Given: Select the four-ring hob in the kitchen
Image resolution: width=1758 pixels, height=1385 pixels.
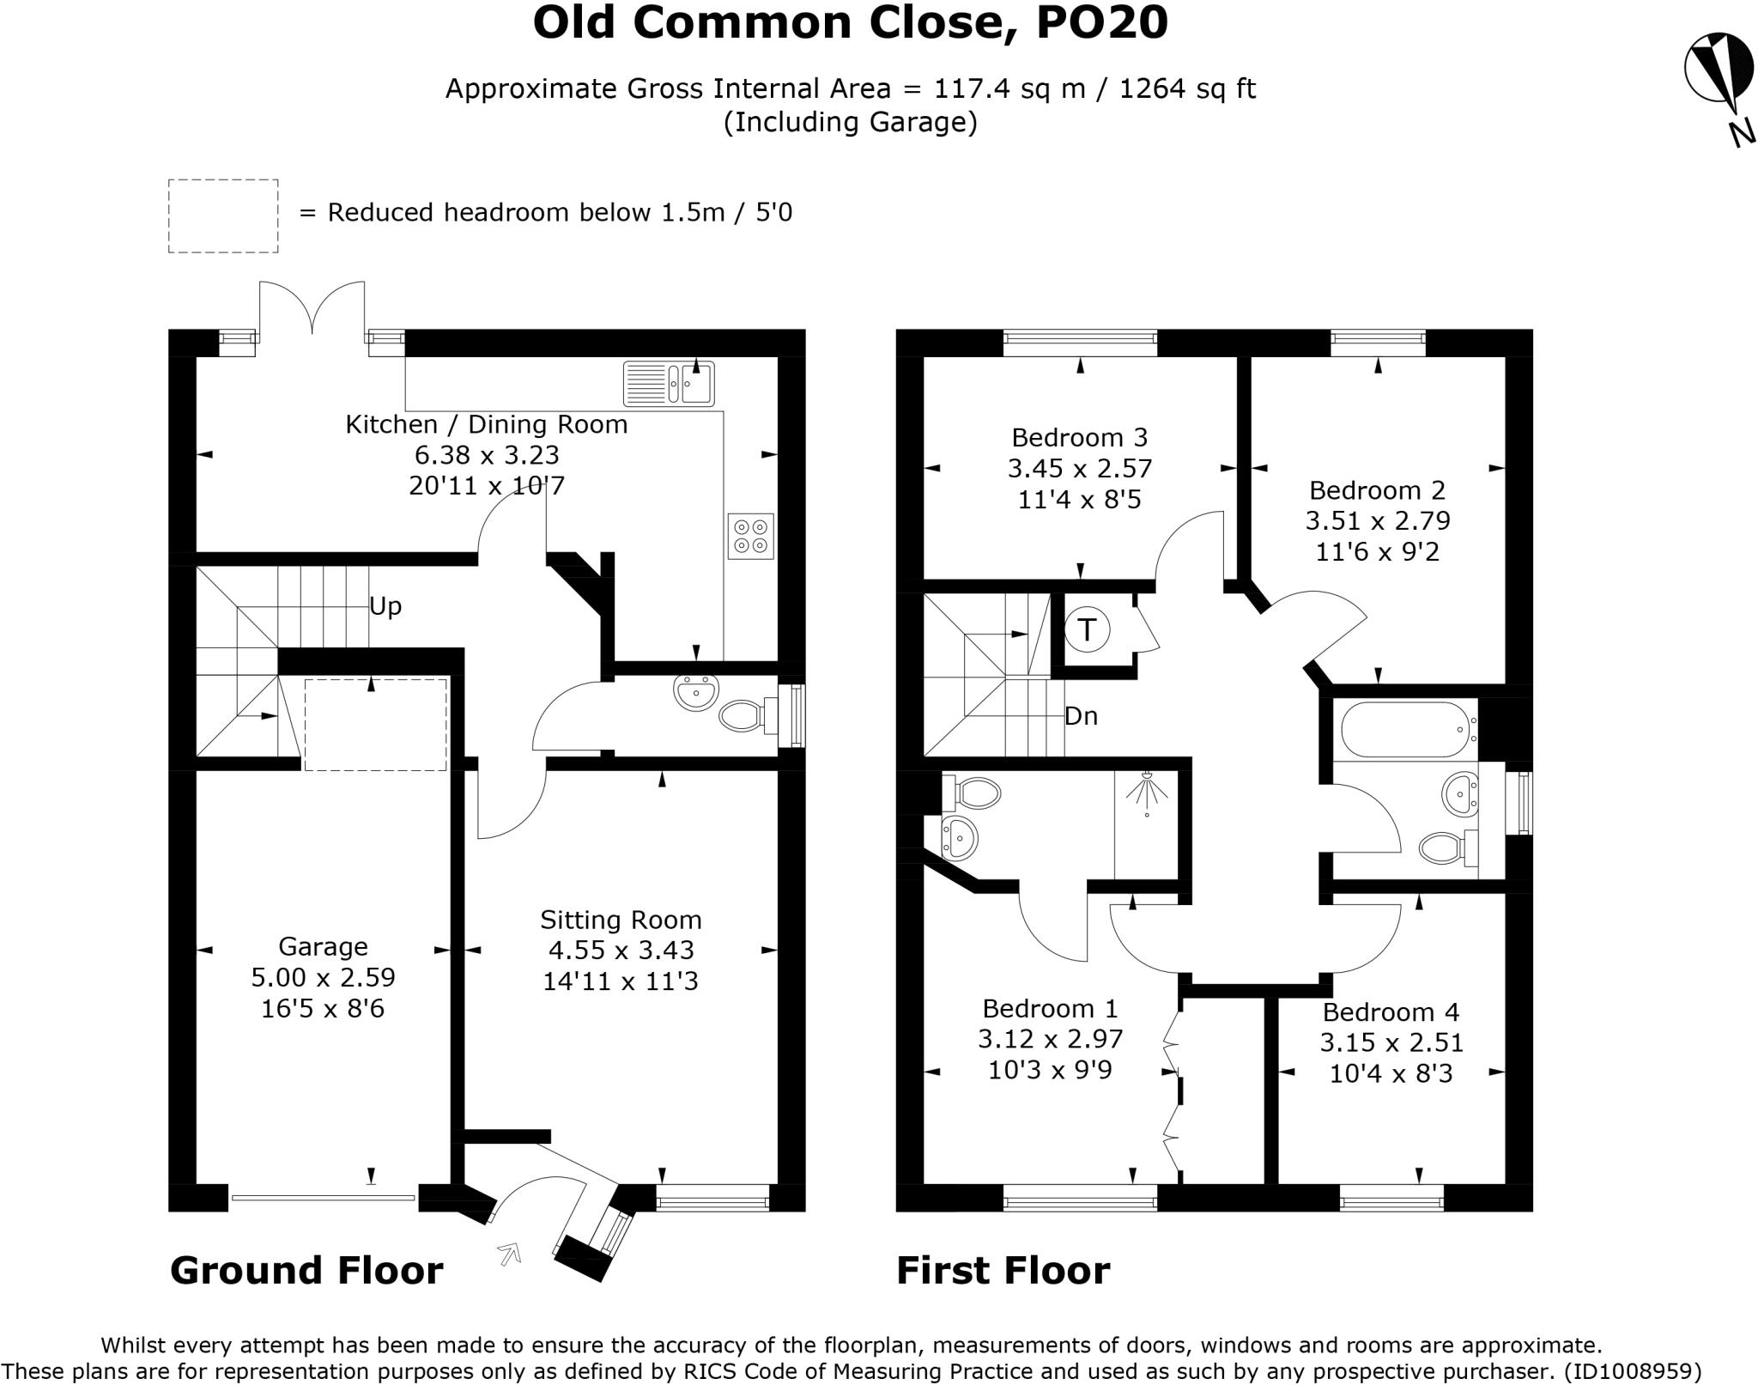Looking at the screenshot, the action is pos(751,535).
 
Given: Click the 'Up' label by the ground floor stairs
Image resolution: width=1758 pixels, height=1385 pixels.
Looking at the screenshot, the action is pos(385,606).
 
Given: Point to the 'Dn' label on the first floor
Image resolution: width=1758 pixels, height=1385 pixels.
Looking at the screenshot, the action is pos(1081,715).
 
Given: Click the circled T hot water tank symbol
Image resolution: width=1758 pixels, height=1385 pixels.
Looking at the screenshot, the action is pos(1087,629).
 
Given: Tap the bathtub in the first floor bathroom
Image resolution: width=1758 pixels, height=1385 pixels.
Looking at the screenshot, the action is pos(1408,730).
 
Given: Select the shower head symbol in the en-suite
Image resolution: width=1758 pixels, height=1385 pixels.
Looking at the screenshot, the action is pos(1148,795).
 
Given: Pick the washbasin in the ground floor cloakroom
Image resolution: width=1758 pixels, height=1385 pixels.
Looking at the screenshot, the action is pos(696,692).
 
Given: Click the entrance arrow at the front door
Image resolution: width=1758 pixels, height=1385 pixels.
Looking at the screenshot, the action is pos(510,1254).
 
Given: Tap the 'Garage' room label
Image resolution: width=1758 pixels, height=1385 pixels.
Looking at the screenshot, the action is pos(323,946).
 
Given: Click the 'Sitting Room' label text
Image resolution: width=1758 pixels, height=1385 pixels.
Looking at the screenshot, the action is pos(621,920).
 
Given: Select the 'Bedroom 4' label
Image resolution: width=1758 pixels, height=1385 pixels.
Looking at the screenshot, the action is pos(1391,1011).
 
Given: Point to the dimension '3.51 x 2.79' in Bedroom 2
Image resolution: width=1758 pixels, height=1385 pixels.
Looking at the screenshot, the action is pos(1378,520).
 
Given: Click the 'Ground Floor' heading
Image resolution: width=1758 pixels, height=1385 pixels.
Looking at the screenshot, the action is pos(306,1270).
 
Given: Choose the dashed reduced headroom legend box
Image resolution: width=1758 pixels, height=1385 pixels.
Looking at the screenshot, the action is pos(223,216).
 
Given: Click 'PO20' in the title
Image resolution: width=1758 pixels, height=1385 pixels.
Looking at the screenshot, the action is pos(1101,22).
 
